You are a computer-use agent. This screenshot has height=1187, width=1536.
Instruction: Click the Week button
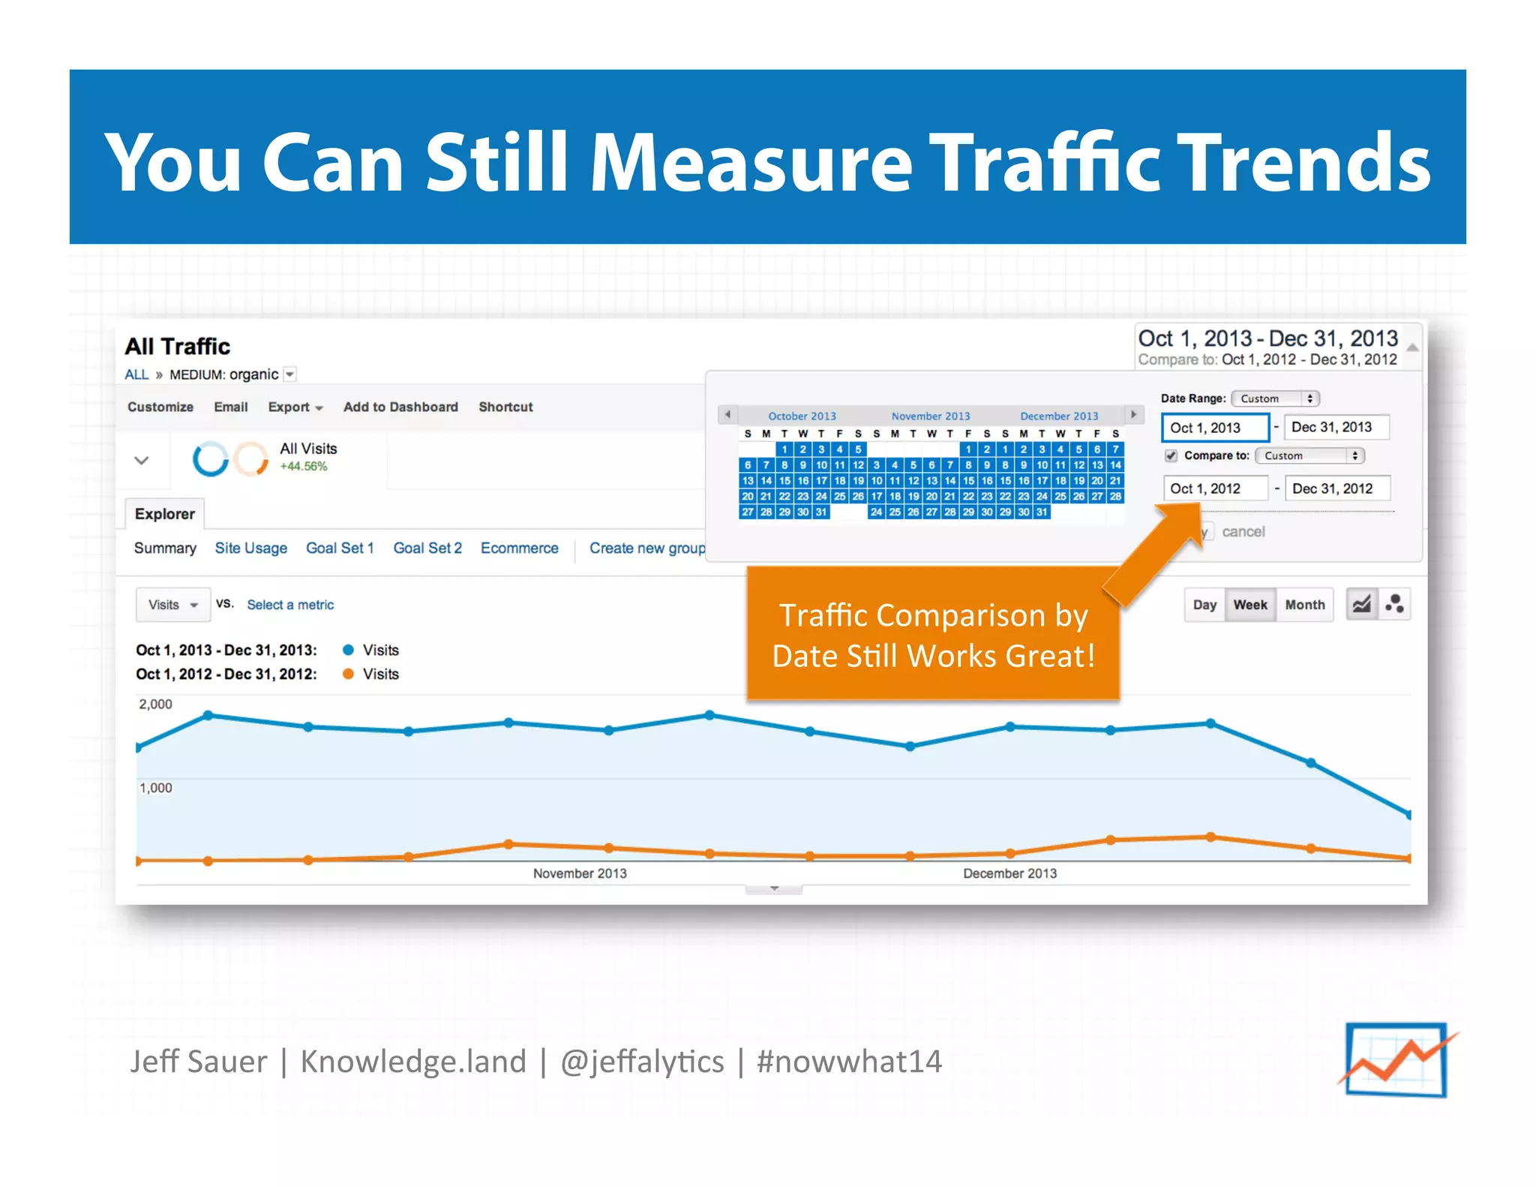click(x=1249, y=605)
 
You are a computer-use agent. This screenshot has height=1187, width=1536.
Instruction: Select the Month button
click(x=1304, y=605)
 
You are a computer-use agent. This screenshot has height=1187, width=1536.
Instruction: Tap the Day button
click(x=1204, y=605)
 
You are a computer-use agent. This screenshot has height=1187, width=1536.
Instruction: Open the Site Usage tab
click(x=250, y=548)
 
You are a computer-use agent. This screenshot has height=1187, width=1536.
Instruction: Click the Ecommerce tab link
click(x=519, y=548)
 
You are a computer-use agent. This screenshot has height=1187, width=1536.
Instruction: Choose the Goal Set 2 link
click(x=427, y=548)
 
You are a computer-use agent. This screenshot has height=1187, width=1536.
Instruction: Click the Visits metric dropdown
click(x=172, y=605)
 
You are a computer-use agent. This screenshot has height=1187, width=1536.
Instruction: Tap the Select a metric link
click(x=290, y=605)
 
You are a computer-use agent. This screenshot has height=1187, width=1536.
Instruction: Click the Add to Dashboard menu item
click(x=400, y=407)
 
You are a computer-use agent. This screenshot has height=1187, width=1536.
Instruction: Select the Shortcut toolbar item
click(x=505, y=407)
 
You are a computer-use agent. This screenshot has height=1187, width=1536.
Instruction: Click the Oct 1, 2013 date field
click(x=1214, y=428)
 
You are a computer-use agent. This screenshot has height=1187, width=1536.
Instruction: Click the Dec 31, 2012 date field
click(x=1336, y=488)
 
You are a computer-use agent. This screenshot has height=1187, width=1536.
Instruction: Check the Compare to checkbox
click(x=1171, y=455)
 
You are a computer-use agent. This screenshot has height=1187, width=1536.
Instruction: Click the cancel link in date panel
click(x=1243, y=532)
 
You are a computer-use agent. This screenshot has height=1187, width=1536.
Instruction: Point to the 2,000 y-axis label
click(x=155, y=704)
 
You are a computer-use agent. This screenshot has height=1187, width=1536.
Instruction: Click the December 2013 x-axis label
click(x=1009, y=873)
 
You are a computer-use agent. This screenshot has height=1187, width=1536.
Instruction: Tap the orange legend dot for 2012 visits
click(x=348, y=674)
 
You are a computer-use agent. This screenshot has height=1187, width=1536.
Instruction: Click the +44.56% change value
click(x=304, y=466)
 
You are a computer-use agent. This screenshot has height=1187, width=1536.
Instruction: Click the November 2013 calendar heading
click(x=930, y=416)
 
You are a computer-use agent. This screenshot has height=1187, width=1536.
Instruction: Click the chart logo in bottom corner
click(x=1396, y=1059)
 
